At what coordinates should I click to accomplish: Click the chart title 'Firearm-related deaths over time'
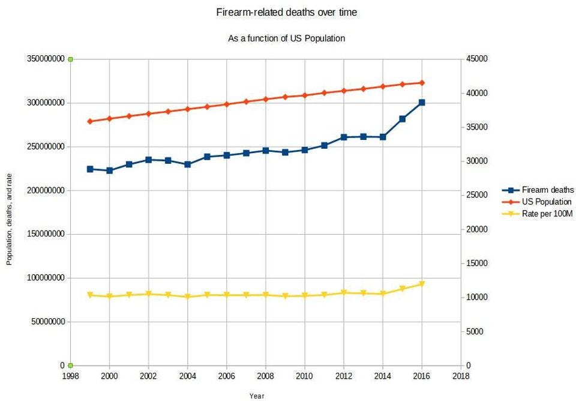(x=287, y=12)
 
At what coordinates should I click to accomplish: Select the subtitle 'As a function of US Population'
(x=287, y=38)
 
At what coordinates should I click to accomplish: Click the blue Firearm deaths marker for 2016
(x=422, y=103)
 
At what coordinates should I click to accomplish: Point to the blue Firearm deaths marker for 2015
(x=403, y=119)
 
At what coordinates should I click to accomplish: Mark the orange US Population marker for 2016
(x=422, y=83)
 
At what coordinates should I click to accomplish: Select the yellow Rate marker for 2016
(x=422, y=284)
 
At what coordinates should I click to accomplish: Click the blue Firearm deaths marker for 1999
(x=90, y=169)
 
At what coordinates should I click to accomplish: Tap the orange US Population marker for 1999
(x=90, y=121)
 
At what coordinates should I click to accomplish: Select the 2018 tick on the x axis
(x=461, y=376)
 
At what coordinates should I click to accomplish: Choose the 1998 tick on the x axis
(x=70, y=376)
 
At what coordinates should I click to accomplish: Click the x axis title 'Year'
(x=256, y=396)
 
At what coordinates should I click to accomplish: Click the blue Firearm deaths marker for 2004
(x=188, y=164)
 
